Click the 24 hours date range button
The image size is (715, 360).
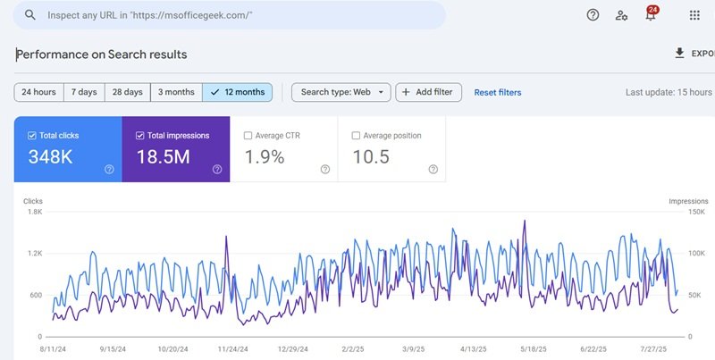pyautogui.click(x=38, y=92)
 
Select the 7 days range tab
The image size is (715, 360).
pyautogui.click(x=84, y=92)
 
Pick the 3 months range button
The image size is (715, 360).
pyautogui.click(x=176, y=92)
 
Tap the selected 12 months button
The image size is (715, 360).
pyautogui.click(x=237, y=92)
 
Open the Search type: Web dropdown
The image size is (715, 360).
pyautogui.click(x=341, y=92)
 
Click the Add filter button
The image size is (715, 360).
pyautogui.click(x=428, y=92)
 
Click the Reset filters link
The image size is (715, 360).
pyautogui.click(x=497, y=92)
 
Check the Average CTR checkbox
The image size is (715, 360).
pyautogui.click(x=248, y=136)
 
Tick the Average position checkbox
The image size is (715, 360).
pyautogui.click(x=357, y=136)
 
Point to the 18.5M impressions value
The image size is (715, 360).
pyautogui.click(x=163, y=157)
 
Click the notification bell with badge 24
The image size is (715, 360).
pyautogui.click(x=651, y=15)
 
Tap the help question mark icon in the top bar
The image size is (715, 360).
pyautogui.click(x=593, y=15)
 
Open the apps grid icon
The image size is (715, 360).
pyautogui.click(x=694, y=15)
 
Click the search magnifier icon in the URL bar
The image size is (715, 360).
pyautogui.click(x=30, y=15)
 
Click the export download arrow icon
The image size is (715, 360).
pyautogui.click(x=679, y=54)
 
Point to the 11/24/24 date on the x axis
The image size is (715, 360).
pyautogui.click(x=232, y=349)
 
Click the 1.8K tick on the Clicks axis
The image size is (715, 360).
pyautogui.click(x=35, y=212)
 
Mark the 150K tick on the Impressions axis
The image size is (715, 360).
pyautogui.click(x=696, y=212)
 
